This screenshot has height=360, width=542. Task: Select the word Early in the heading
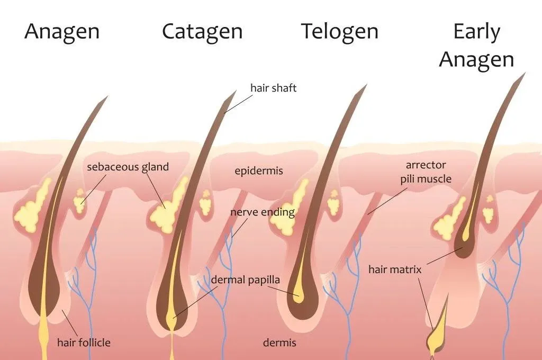click(477, 32)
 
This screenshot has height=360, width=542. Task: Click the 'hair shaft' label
click(274, 88)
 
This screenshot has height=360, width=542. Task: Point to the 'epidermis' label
click(258, 171)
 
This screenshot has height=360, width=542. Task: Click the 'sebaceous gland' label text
click(128, 167)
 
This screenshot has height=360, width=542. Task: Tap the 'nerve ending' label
click(263, 212)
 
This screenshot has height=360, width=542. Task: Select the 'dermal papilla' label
click(246, 280)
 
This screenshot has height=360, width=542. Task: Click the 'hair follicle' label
click(84, 343)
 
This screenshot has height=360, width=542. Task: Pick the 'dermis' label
click(279, 343)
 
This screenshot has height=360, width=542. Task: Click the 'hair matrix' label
click(395, 269)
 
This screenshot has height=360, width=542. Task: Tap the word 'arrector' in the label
click(426, 165)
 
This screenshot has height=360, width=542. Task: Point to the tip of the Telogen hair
click(367, 84)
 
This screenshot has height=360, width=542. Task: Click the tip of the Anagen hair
click(108, 96)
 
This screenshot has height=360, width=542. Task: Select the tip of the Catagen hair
click(237, 90)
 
